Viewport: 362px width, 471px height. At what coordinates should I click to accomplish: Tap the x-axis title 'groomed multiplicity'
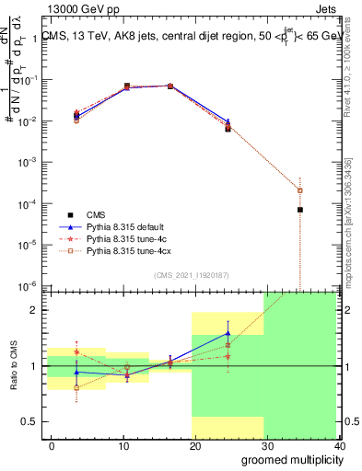[287, 459]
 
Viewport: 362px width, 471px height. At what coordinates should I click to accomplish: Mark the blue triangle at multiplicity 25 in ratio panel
[228, 333]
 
